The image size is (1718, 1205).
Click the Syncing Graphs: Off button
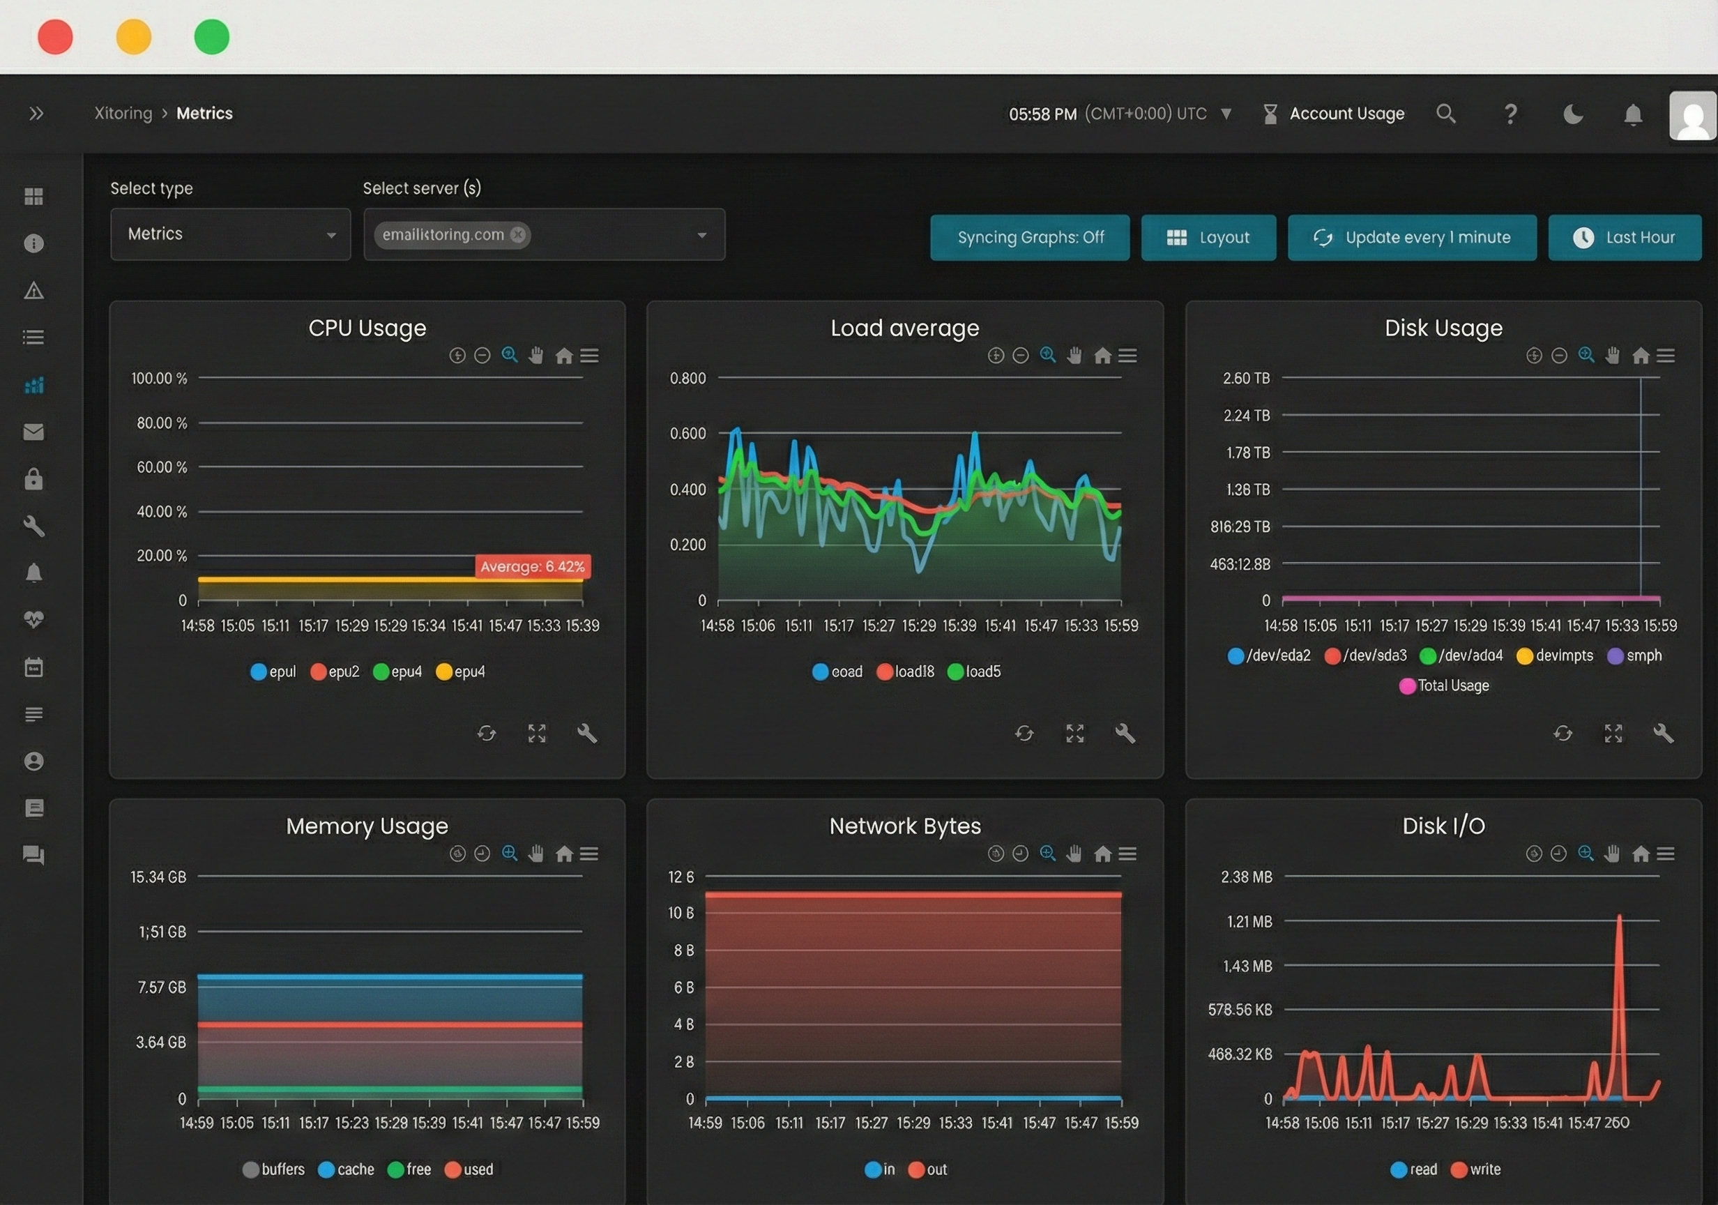coord(1030,237)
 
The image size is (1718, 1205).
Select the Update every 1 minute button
coord(1411,237)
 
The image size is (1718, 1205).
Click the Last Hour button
coord(1625,237)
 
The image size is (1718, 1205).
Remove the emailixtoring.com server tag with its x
coord(518,235)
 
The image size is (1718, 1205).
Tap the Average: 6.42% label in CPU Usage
coord(532,566)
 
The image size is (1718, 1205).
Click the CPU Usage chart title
coord(367,328)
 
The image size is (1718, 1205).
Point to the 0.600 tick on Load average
coord(687,433)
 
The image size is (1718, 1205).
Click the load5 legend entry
coord(974,672)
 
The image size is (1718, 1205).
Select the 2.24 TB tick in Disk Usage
coord(1246,416)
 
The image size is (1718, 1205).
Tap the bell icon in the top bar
coord(1633,114)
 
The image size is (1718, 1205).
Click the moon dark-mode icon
coord(1573,114)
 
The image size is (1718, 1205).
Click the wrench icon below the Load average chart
coord(1125,734)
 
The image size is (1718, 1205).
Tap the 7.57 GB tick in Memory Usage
coord(162,987)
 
